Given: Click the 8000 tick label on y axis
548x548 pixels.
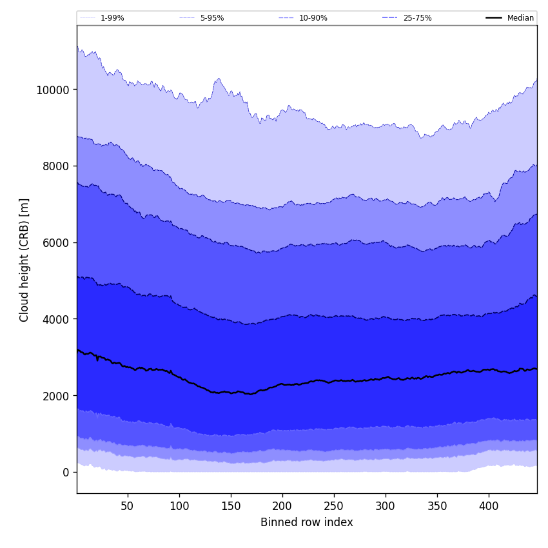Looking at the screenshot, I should (55, 166).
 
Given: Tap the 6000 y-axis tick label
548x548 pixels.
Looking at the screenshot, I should (55, 242).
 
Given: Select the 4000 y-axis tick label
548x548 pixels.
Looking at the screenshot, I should (55, 319).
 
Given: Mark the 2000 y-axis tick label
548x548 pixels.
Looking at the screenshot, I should (55, 396).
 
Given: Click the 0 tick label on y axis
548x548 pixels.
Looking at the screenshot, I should (66, 473).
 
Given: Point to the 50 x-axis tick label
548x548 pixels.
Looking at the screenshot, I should (128, 507).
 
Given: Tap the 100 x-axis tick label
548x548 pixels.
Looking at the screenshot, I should (179, 507).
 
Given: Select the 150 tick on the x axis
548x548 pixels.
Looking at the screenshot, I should (231, 507).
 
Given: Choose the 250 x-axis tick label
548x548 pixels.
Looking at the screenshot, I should (334, 507).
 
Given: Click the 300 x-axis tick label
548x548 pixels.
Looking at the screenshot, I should (386, 507).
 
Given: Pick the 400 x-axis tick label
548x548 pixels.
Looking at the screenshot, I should (489, 507).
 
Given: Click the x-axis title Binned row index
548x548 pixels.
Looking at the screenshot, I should (307, 522).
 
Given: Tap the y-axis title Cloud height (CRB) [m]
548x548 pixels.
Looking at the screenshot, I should (24, 260).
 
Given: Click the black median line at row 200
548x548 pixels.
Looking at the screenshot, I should (282, 384).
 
